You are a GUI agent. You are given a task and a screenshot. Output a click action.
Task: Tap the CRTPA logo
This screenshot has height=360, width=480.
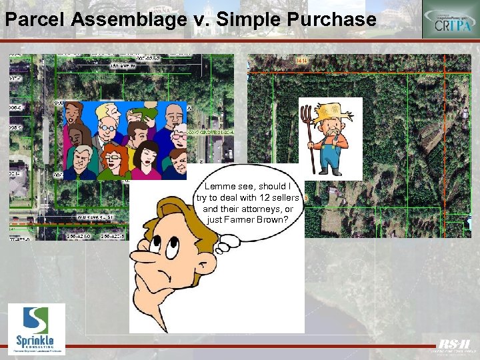(x=450, y=19)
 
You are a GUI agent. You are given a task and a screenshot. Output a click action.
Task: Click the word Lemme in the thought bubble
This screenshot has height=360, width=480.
(x=219, y=187)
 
